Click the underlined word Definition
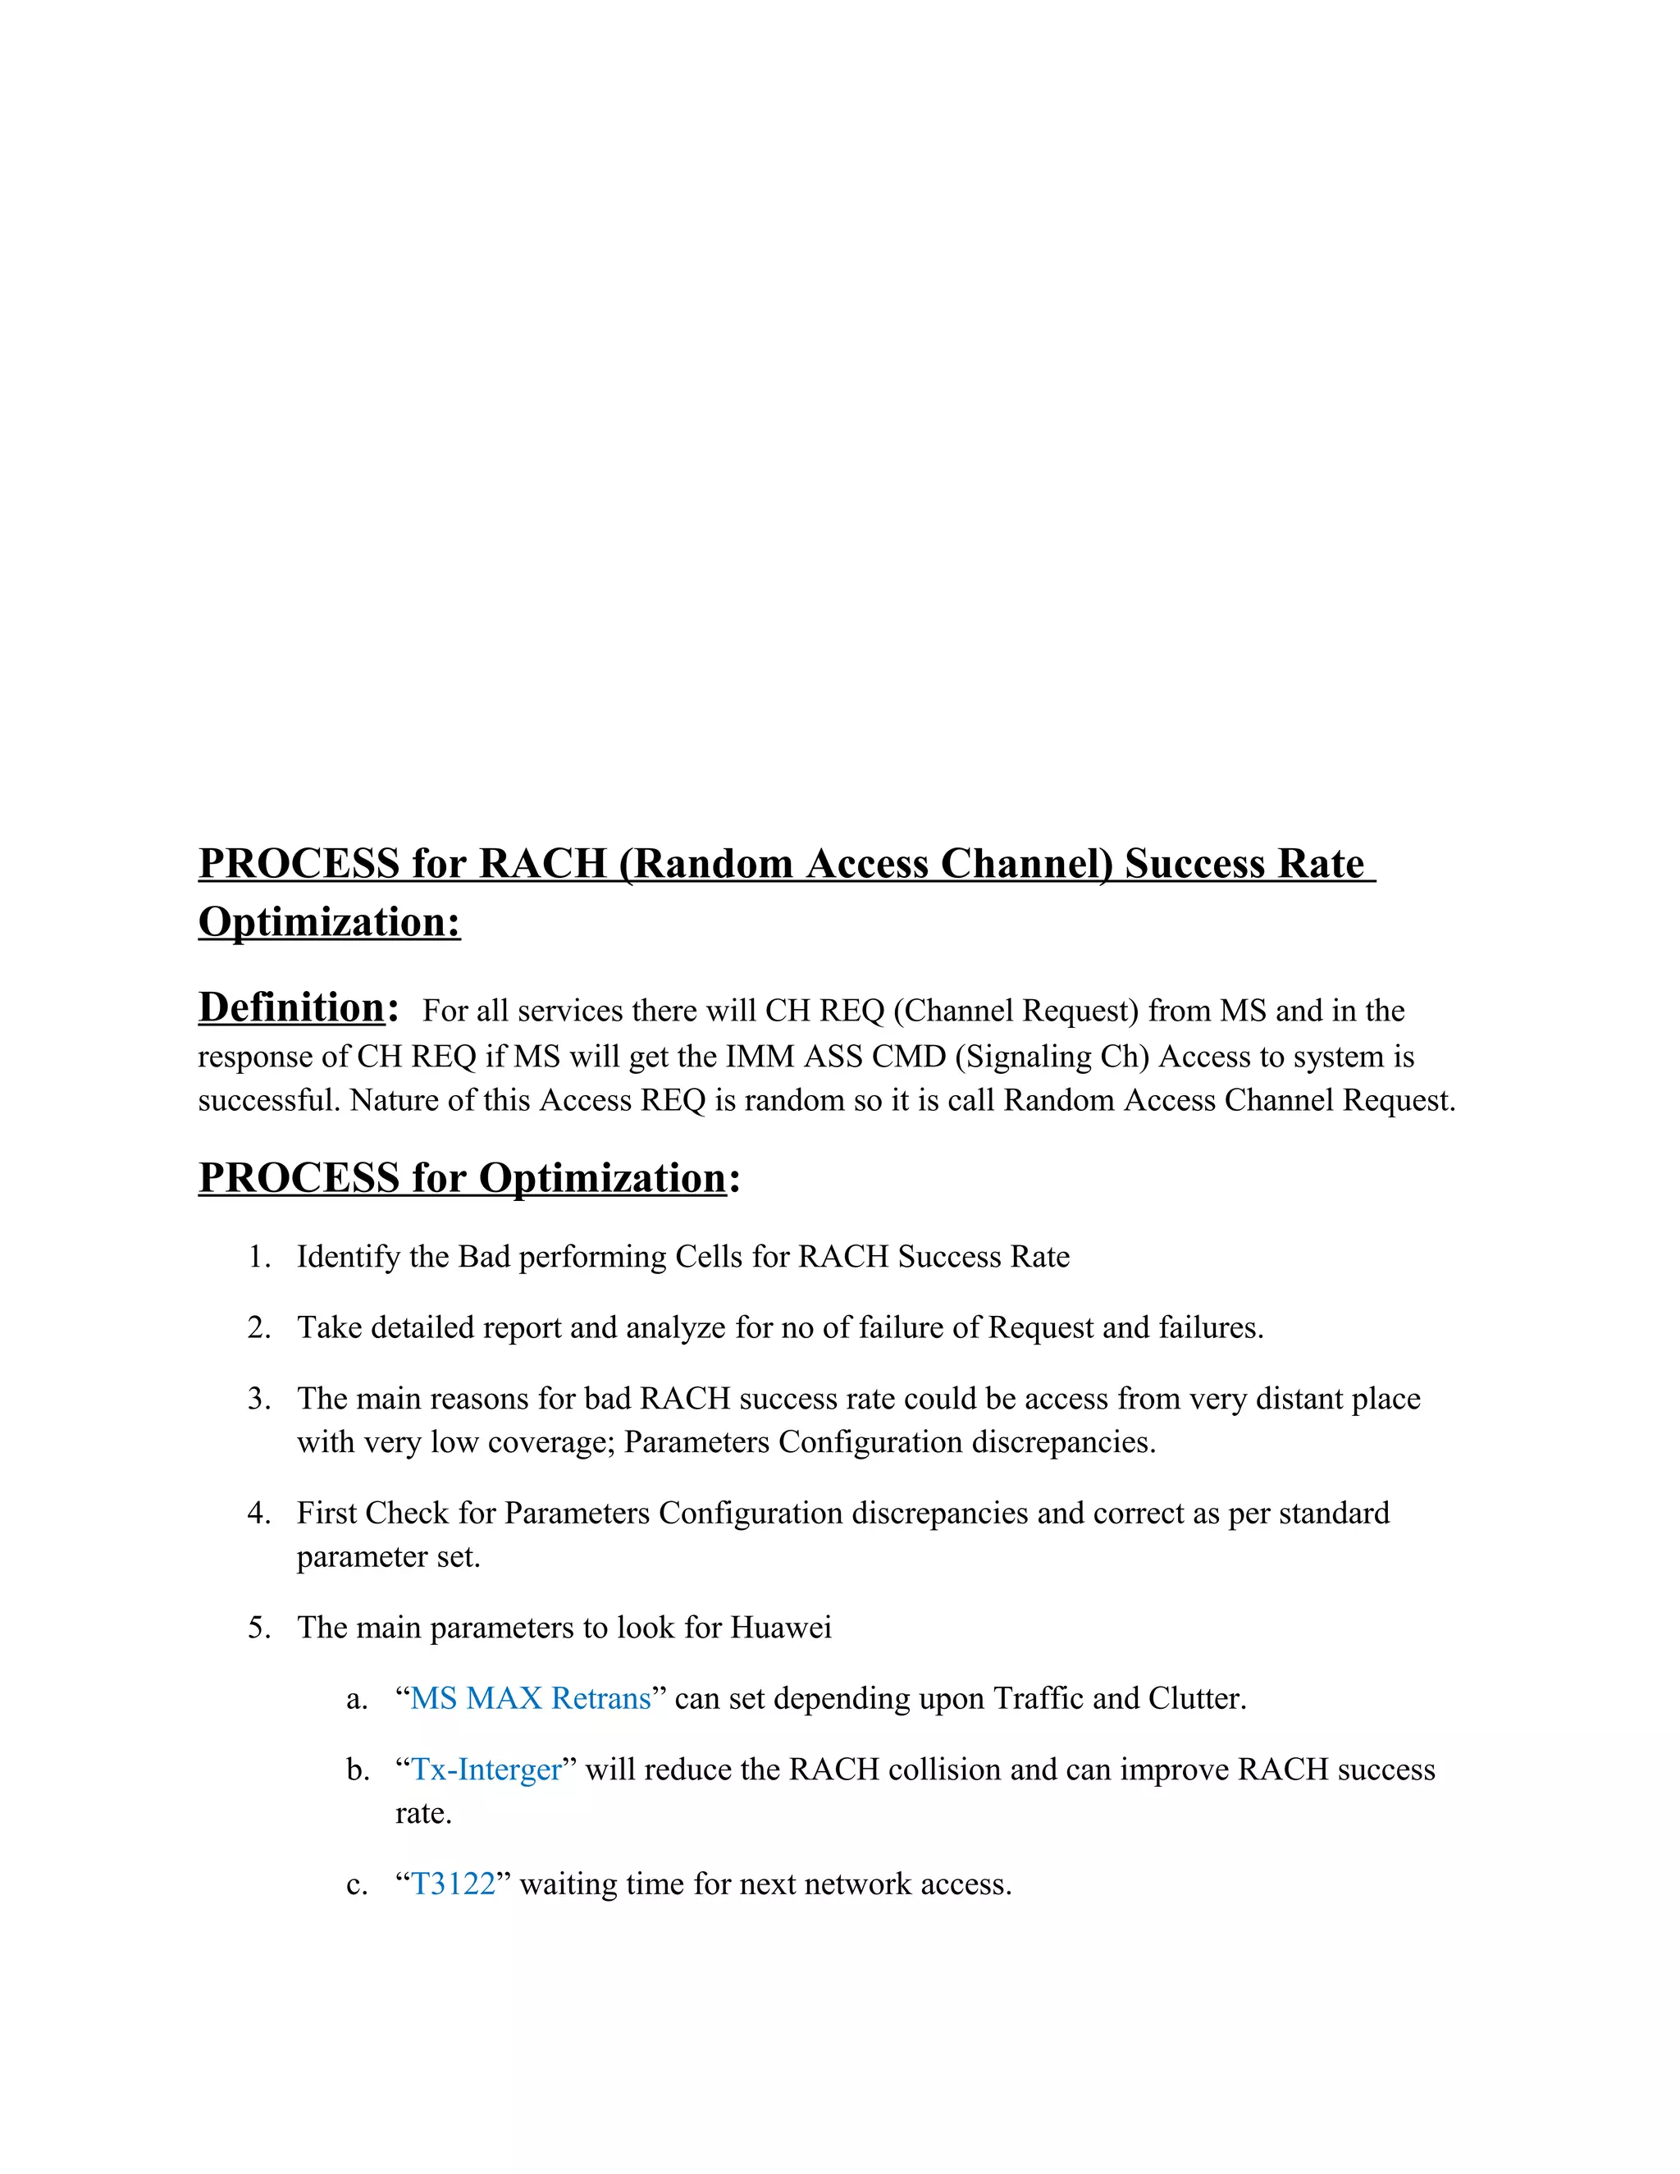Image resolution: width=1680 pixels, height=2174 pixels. [291, 1007]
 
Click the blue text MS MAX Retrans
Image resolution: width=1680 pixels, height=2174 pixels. [531, 1698]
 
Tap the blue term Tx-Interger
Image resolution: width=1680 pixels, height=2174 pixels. [486, 1770]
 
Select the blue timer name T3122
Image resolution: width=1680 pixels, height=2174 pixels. [453, 1884]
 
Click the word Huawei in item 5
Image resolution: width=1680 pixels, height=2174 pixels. [780, 1628]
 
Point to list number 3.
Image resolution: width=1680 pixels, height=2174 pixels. [258, 1399]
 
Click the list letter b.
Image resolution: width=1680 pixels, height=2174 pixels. [358, 1770]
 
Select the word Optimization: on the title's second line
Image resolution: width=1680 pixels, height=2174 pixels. [330, 922]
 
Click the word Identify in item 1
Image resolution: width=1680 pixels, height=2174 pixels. [349, 1257]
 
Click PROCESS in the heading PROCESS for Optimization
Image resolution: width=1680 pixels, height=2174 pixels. [299, 1179]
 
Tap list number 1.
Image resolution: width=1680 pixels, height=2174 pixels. [258, 1257]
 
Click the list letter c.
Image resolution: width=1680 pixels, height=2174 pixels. [356, 1884]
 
